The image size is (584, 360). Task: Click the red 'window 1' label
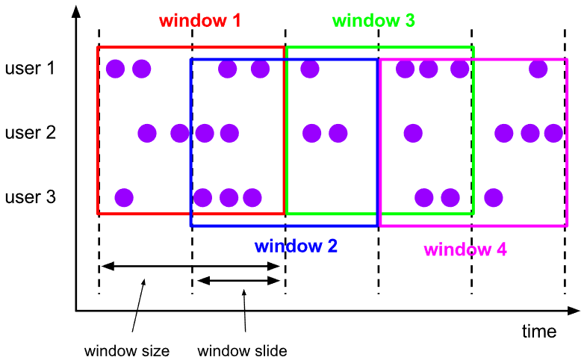[x=200, y=21]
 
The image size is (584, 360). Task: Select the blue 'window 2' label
[x=296, y=245]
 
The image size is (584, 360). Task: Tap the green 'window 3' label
[x=373, y=21]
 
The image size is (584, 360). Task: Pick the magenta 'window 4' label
[x=465, y=249]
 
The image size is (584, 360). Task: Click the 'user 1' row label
[x=30, y=69]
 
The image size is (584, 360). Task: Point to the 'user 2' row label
[x=30, y=134]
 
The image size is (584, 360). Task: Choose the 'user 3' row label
[x=30, y=198]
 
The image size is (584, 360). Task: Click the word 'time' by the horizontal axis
[x=539, y=330]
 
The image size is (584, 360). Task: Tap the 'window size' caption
[x=127, y=350]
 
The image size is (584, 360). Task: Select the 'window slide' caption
[x=242, y=350]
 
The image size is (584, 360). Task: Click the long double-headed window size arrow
[x=192, y=265]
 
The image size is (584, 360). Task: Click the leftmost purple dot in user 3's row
[x=124, y=198]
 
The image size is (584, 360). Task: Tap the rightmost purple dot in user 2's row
[x=553, y=134]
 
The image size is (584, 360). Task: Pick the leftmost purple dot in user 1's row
[x=115, y=69]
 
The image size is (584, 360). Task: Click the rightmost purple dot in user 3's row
[x=493, y=198]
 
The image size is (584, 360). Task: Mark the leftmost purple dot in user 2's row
[x=147, y=134]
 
